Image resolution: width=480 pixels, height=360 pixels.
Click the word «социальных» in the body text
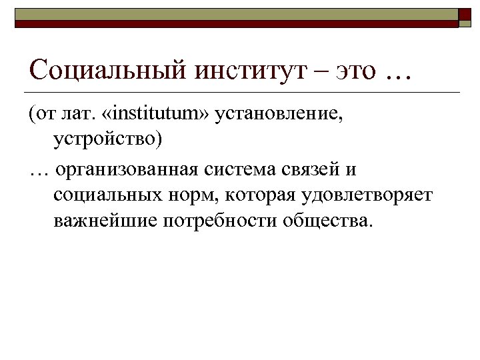[107, 195]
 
